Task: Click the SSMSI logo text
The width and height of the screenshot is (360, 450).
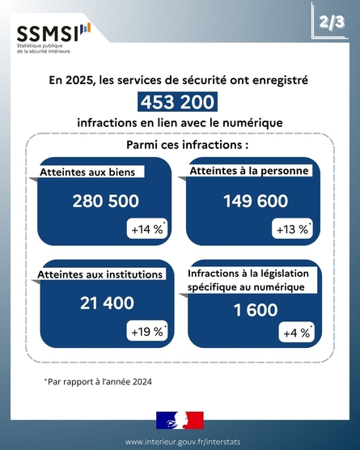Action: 48,34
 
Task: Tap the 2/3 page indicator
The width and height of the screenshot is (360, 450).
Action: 332,22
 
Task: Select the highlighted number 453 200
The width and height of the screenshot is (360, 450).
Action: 177,102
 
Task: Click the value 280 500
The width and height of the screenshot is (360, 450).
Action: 105,201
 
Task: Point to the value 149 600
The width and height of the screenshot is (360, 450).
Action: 256,201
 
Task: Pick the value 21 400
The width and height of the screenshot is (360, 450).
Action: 107,303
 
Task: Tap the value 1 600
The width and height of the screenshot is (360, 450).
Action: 256,310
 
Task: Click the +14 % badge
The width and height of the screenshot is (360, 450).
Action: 147,229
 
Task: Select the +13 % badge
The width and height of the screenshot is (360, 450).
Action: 292,229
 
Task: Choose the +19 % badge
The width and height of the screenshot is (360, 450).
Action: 147,331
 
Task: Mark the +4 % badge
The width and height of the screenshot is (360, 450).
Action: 297,333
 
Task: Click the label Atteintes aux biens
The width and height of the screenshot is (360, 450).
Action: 87,172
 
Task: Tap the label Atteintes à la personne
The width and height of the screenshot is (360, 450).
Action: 249,171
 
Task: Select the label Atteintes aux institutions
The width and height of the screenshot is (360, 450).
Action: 100,274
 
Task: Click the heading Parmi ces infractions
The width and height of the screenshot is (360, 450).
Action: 188,145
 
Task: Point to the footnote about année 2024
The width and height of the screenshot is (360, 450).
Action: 98,382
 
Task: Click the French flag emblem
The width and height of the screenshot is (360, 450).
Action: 180,420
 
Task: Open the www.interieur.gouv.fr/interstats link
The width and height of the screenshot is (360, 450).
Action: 183,442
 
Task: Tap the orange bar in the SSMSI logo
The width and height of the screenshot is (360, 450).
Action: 88,28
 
